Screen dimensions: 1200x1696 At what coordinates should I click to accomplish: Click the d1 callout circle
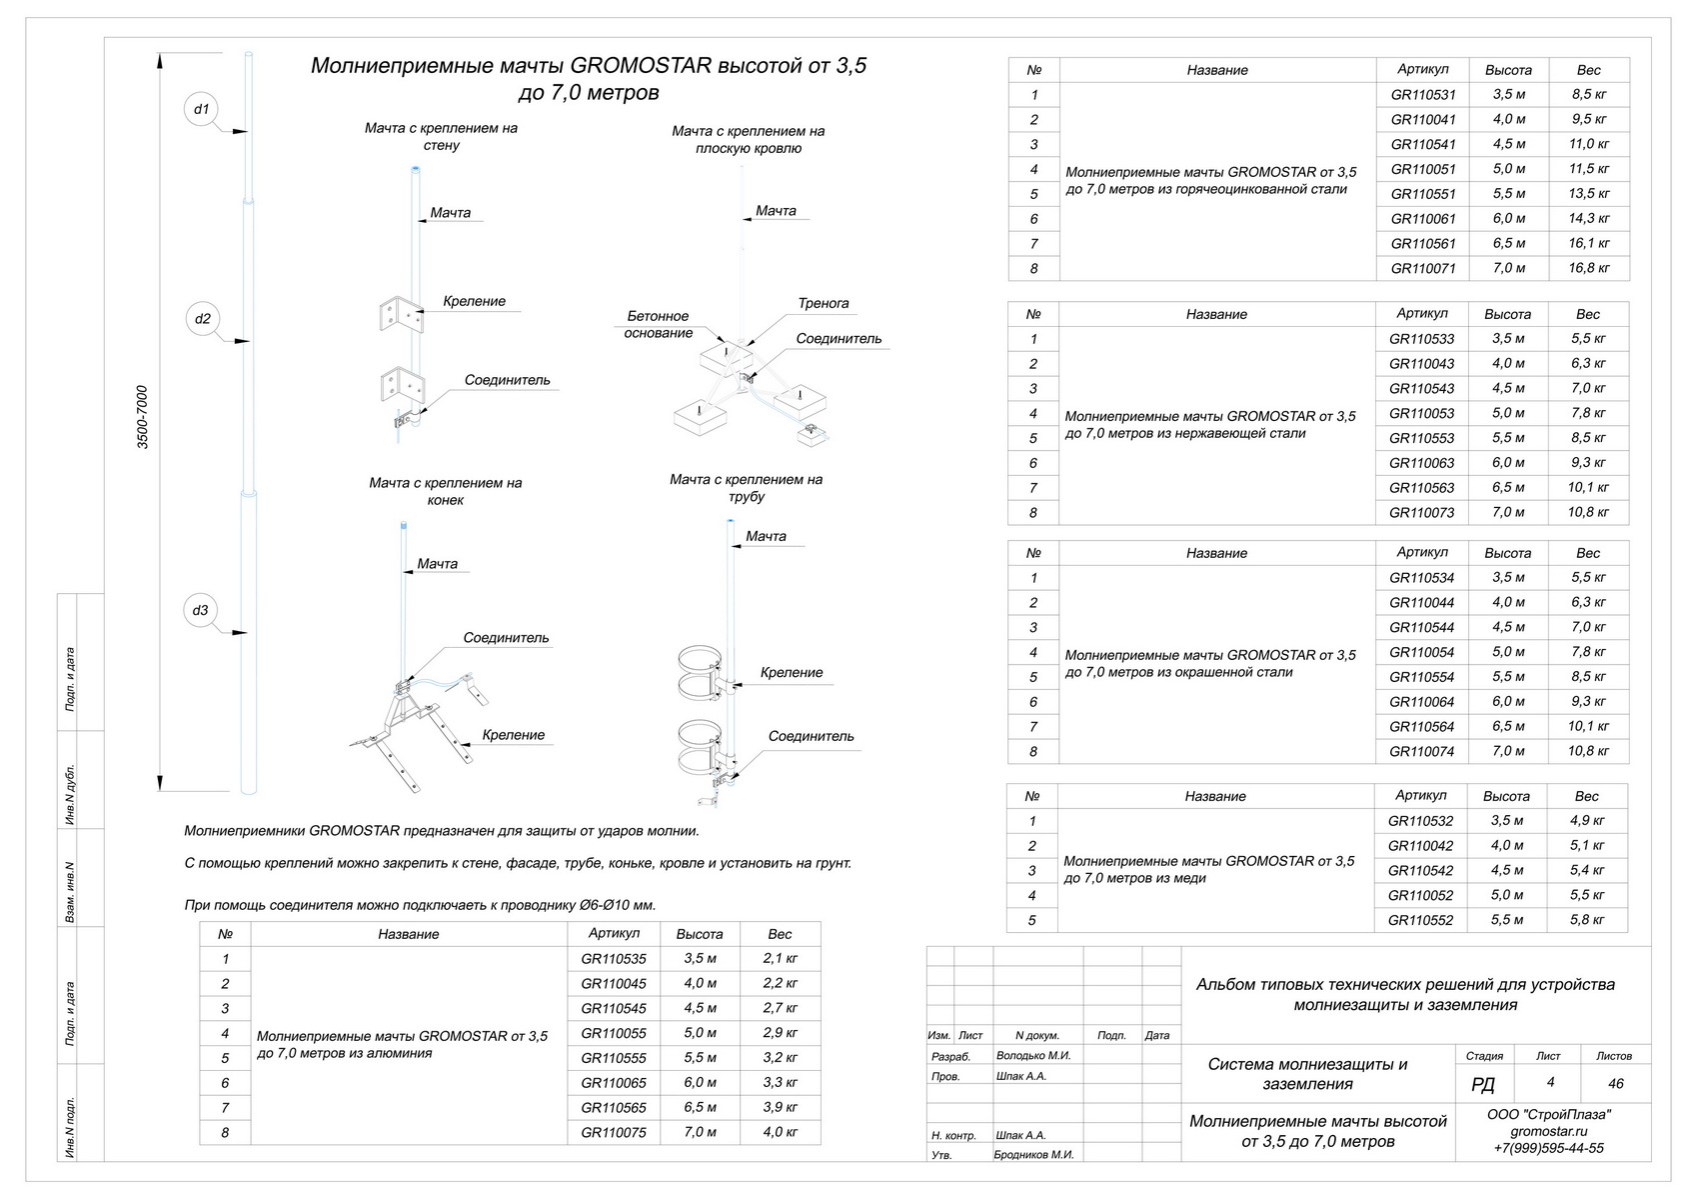[202, 109]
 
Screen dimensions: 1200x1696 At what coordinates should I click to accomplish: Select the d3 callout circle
[202, 610]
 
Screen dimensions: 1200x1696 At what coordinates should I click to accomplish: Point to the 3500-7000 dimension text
[142, 417]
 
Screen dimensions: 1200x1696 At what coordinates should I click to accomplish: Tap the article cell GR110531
[1423, 95]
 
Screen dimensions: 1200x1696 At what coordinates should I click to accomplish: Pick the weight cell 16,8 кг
[1588, 268]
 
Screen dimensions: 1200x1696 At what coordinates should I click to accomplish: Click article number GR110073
[1421, 513]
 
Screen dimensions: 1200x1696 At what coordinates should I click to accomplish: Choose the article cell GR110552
[1420, 920]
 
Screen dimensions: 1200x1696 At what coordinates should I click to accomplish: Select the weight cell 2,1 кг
[780, 958]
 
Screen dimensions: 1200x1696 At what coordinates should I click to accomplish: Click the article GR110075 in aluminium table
[614, 1133]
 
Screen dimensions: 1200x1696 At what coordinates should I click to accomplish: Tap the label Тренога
[824, 303]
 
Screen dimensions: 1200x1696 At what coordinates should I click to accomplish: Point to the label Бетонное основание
[658, 324]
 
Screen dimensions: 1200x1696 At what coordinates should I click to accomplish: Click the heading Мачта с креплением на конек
[446, 491]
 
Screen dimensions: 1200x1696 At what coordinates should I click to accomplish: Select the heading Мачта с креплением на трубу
[747, 488]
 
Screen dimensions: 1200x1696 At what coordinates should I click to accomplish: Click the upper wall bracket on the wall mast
[401, 314]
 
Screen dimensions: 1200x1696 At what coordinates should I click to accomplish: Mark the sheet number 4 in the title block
[1550, 1082]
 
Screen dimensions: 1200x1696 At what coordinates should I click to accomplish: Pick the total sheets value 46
[1615, 1083]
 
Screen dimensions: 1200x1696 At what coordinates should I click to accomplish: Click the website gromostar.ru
[1548, 1131]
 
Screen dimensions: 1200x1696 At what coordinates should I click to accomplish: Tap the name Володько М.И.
[1033, 1055]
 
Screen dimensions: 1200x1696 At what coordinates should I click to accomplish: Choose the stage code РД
[1483, 1085]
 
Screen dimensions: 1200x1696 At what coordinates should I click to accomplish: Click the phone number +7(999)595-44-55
[1548, 1148]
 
